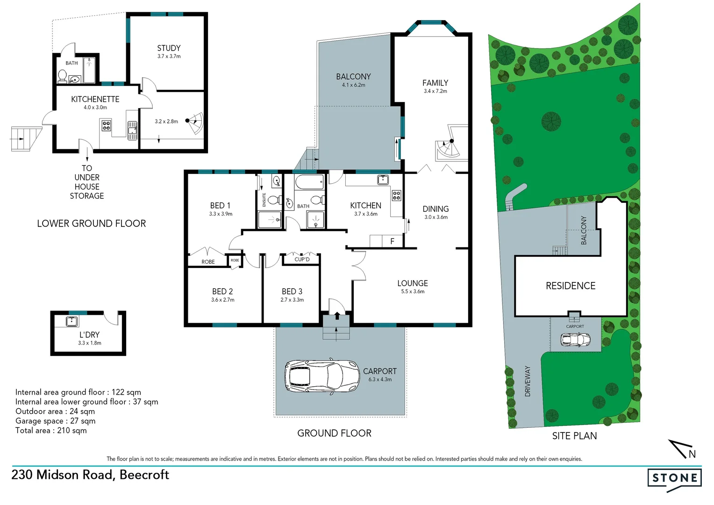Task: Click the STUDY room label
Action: pos(169,48)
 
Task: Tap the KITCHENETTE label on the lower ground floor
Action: pos(95,99)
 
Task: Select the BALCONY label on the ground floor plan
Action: pos(353,77)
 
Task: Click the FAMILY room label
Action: pos(435,83)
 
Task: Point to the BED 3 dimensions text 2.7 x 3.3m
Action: pos(292,300)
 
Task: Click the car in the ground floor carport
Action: pos(322,376)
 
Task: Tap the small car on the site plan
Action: pos(575,339)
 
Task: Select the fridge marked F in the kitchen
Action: pos(392,241)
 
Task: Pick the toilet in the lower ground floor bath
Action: pos(62,76)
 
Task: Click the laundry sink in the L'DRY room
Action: pos(71,321)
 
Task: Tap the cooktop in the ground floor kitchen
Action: pos(396,195)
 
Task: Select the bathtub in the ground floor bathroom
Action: pos(309,181)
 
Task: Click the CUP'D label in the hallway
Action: pos(302,260)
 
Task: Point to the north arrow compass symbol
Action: pos(683,449)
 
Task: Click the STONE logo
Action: pos(674,478)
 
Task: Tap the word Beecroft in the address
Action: pos(144,475)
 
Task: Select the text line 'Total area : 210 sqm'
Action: pos(51,431)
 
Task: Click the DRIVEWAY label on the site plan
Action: pos(528,381)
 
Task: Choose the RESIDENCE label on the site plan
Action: pos(571,286)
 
